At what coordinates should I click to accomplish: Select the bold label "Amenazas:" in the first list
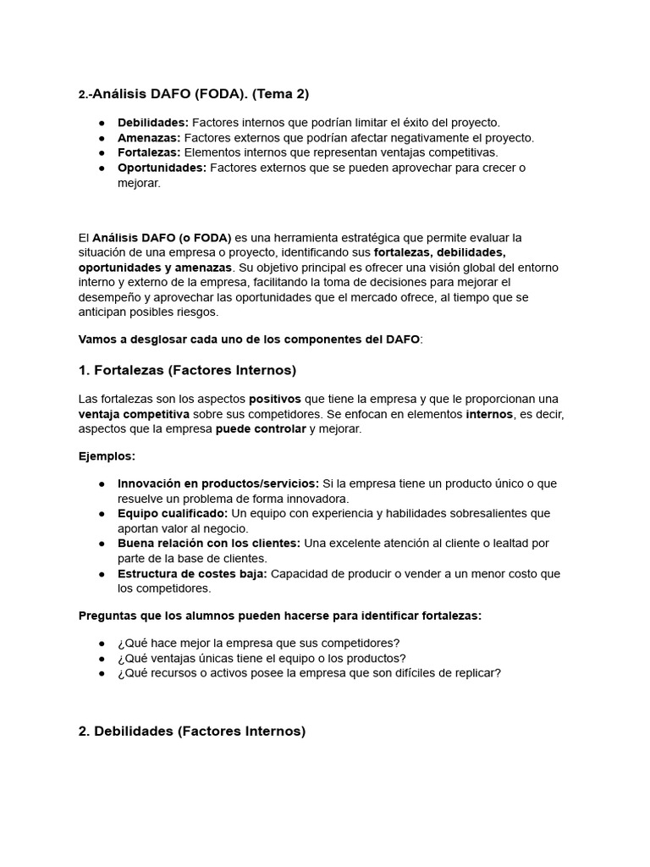pos(149,137)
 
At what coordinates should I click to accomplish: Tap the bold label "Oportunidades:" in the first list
pos(162,168)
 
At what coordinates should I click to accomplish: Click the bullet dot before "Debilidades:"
pos(102,123)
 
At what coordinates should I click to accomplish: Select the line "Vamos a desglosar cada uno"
pos(250,339)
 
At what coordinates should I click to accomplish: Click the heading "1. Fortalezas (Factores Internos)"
pos(187,370)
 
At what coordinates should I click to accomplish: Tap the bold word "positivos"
pos(274,399)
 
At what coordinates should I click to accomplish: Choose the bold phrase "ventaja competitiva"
pos(134,414)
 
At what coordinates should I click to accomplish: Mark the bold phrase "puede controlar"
pos(261,428)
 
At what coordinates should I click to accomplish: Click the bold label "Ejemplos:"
pos(107,456)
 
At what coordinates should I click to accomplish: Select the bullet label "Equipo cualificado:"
pos(173,513)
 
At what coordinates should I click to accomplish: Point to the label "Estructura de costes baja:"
pos(192,573)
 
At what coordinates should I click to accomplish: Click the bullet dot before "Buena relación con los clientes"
pos(102,544)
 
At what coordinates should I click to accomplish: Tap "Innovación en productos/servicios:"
pos(218,483)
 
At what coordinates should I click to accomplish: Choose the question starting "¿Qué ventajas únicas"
pos(262,658)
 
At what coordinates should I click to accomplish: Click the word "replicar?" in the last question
pos(474,673)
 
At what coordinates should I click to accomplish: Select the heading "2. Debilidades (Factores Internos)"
pos(192,731)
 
